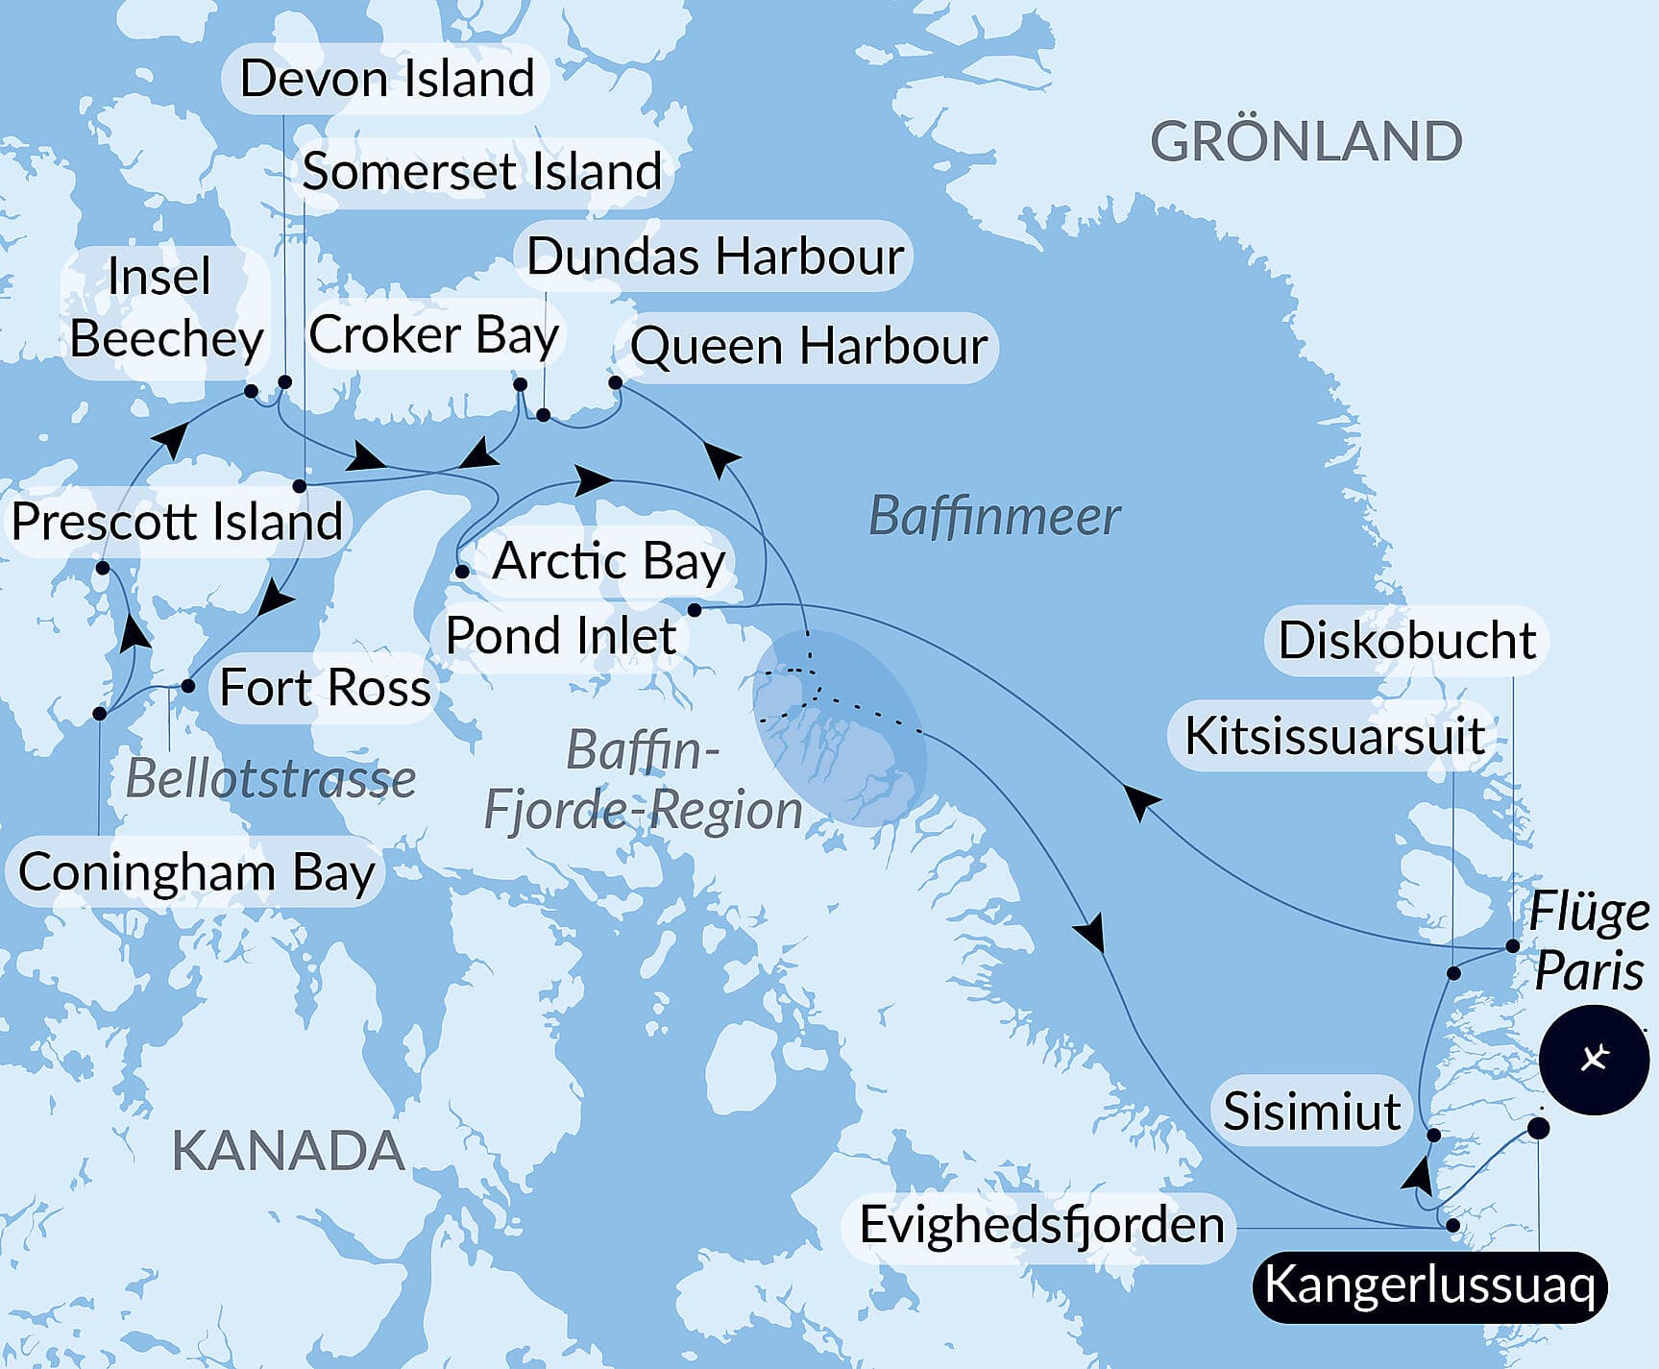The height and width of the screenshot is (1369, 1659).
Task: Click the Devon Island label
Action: coord(386,79)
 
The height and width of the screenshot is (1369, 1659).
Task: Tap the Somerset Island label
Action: coord(481,172)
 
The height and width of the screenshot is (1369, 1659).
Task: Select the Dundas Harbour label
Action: coord(715,257)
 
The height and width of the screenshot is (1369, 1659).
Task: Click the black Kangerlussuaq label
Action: coord(1428,1285)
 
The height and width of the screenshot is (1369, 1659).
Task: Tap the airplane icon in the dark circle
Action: coord(1594,1060)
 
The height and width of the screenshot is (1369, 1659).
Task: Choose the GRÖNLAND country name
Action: coord(1305,142)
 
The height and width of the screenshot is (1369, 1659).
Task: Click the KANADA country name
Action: coord(287,1151)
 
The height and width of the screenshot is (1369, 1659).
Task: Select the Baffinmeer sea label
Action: coord(993,517)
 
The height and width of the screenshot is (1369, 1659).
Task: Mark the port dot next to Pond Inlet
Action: coord(695,610)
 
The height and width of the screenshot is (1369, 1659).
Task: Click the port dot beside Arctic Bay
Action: coord(462,572)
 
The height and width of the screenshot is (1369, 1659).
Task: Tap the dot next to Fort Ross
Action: coord(188,686)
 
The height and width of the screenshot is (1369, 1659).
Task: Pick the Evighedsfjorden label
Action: coord(1041,1225)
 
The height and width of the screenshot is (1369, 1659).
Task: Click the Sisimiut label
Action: coord(1311,1112)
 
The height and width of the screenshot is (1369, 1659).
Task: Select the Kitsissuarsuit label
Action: coord(1334,737)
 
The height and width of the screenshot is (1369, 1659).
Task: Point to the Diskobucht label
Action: coord(1407,641)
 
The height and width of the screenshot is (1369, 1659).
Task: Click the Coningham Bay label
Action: coord(196,873)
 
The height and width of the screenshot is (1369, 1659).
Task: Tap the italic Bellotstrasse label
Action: coord(271,779)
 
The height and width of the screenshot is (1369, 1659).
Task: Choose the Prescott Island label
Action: coord(177,523)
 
